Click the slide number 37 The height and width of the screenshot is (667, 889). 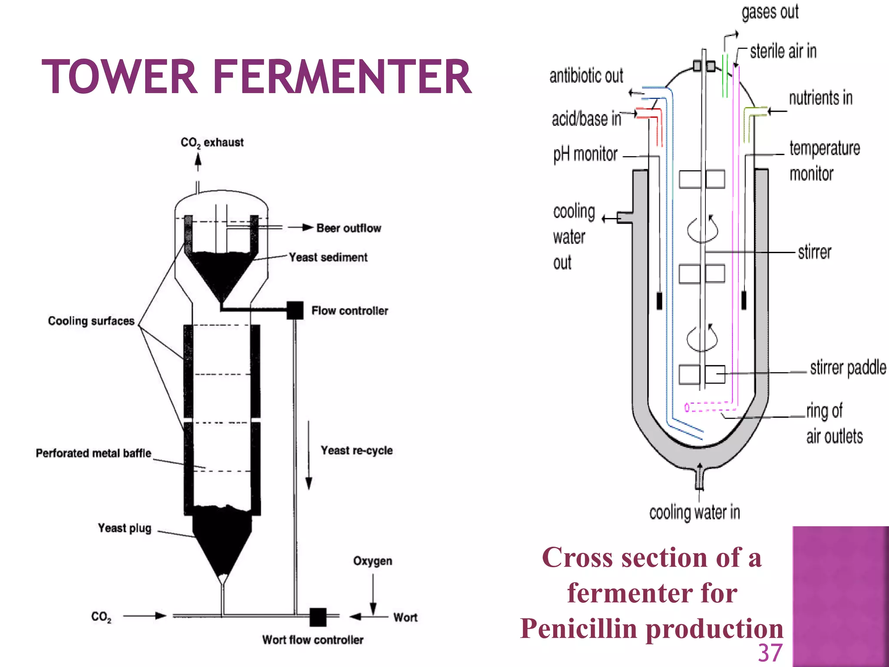[770, 653]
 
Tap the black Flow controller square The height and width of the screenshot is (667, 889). [295, 310]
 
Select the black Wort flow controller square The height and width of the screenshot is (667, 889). [318, 617]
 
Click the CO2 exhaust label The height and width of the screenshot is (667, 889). [212, 142]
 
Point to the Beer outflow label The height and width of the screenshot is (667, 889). [349, 228]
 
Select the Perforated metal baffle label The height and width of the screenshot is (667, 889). [93, 453]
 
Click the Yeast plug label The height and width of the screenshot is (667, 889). [125, 528]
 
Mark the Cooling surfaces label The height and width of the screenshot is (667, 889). [91, 321]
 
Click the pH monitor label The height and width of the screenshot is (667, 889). [585, 155]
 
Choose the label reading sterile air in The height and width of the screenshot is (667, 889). [783, 52]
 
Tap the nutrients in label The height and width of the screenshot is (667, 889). [820, 98]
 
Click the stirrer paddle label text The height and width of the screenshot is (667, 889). [848, 368]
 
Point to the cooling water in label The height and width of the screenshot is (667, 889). [695, 512]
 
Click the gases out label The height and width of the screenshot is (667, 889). [770, 12]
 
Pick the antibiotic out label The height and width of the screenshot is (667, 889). [586, 76]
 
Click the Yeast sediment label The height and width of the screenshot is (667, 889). [328, 258]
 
